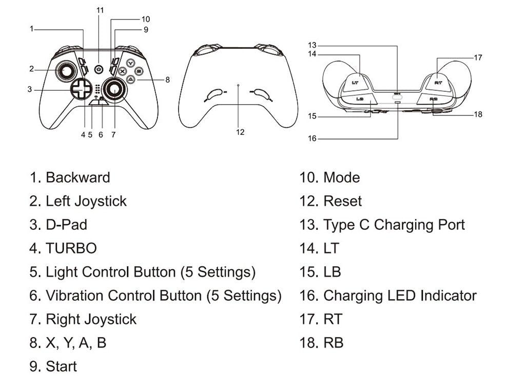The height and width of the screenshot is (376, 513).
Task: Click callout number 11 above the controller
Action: click(100, 10)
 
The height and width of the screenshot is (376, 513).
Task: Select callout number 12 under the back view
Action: click(240, 132)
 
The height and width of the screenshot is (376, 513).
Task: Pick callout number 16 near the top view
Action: click(312, 138)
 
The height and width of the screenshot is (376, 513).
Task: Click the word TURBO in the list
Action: click(71, 248)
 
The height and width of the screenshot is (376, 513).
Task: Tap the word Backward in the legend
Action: click(78, 177)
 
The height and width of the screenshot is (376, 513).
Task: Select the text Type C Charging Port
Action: click(394, 225)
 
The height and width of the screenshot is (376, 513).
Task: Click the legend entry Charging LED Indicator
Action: click(400, 295)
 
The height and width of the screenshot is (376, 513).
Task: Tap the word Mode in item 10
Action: click(342, 177)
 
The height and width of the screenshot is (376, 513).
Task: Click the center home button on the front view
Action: click(100, 69)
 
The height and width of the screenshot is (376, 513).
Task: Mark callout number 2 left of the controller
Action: click(31, 69)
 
